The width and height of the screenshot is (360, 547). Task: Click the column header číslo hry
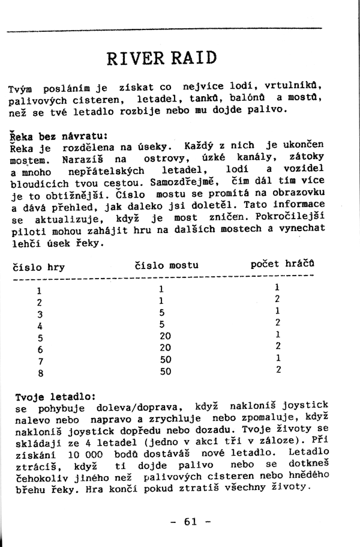click(x=38, y=267)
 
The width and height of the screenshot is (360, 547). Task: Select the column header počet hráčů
click(x=283, y=264)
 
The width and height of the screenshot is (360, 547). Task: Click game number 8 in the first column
click(x=40, y=372)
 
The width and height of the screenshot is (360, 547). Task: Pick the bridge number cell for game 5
click(x=166, y=336)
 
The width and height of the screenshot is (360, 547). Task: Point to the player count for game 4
click(x=278, y=323)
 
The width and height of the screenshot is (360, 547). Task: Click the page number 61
click(x=191, y=521)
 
